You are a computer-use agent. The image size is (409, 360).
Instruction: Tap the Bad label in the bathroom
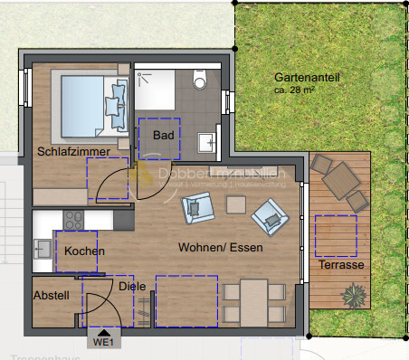click(163, 136)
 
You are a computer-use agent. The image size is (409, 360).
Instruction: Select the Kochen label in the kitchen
click(85, 251)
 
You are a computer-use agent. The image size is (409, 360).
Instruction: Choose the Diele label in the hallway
click(131, 287)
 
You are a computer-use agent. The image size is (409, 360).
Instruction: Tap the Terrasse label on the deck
click(341, 265)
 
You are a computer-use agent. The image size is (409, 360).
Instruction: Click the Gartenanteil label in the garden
click(307, 79)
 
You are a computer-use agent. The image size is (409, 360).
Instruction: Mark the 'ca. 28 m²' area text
click(300, 91)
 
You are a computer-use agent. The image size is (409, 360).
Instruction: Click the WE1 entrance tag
click(102, 342)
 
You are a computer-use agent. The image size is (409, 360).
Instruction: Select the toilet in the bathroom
click(201, 81)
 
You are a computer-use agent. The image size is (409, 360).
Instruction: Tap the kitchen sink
click(42, 248)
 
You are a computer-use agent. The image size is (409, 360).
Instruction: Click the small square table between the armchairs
click(236, 205)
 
